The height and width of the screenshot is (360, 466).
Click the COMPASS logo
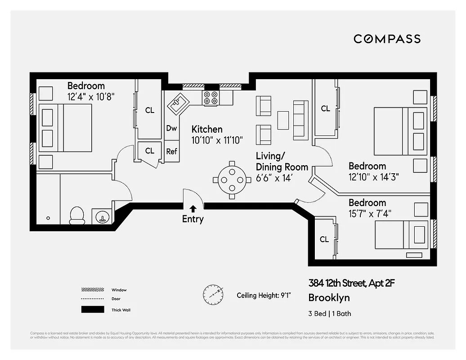pos(387,39)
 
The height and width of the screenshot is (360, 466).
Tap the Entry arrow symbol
pos(193,208)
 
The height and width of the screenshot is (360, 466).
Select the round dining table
pos(232,180)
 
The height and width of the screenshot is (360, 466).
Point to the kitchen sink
pos(177,104)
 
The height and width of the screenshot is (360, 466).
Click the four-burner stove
pos(211,98)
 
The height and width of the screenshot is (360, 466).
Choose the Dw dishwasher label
pos(171,128)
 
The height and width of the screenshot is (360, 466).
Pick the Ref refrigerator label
pos(171,151)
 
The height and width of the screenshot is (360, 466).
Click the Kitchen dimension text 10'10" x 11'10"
pos(217,140)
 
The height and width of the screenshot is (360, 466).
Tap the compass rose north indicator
pos(212,294)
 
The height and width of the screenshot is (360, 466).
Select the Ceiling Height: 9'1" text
pos(264,296)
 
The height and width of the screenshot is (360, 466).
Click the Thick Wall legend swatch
pos(92,310)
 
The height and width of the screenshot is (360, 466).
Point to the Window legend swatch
pos(92,290)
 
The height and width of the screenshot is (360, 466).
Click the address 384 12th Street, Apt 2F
pos(351,283)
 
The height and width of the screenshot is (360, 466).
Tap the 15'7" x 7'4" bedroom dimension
pos(367,214)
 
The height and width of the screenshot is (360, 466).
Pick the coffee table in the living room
pos(283,120)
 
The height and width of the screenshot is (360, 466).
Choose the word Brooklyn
pos(329,298)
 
